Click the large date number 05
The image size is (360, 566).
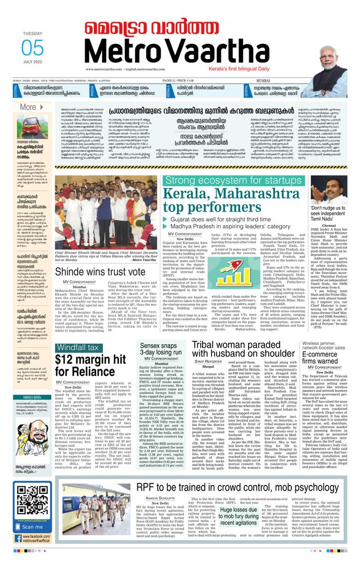point(33,48)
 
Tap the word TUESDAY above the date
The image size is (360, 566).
point(33,33)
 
